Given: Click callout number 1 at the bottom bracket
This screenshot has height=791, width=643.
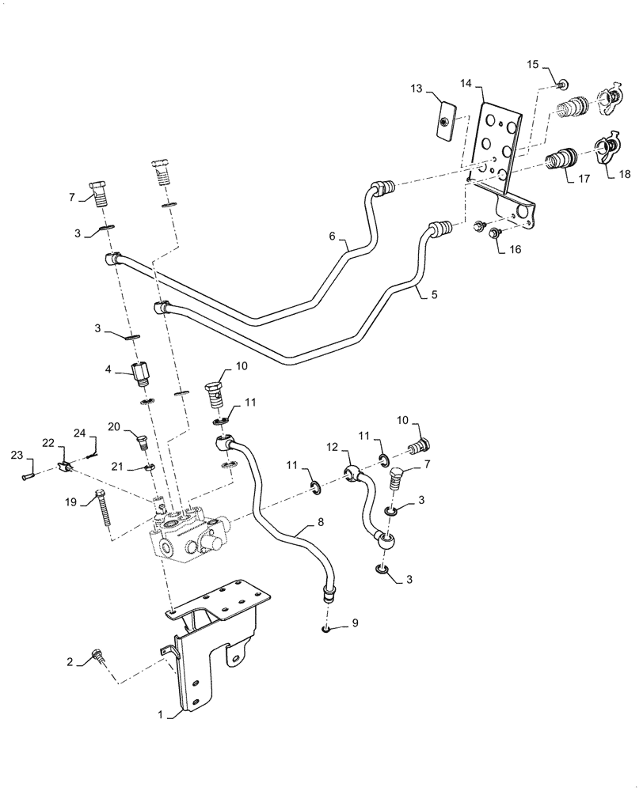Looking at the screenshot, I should pos(162,715).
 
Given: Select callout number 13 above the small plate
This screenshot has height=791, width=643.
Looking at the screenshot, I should pos(417,89).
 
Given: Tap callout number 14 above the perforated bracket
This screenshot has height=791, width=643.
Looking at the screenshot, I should pos(466,83).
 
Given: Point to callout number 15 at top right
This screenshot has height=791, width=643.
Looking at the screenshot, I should pos(532,63).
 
